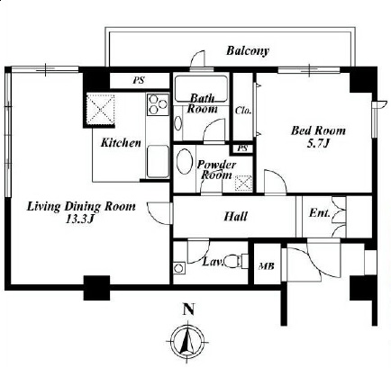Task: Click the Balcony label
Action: [x=247, y=50]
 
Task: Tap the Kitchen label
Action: [x=121, y=143]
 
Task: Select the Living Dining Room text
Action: [x=81, y=207]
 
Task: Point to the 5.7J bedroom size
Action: [x=318, y=144]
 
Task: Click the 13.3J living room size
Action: [x=80, y=220]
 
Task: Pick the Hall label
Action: [x=236, y=216]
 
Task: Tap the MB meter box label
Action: [x=267, y=266]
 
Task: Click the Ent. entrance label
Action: [x=320, y=213]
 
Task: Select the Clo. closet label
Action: [x=243, y=111]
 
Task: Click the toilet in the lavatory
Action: [x=235, y=261]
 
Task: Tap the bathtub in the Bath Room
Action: [x=201, y=88]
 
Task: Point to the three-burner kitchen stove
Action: [x=158, y=104]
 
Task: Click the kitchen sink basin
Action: [x=158, y=161]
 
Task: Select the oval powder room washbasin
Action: [x=185, y=162]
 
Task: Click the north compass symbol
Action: [x=187, y=341]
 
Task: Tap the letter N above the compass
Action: [x=188, y=310]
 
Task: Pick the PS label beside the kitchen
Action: [x=139, y=80]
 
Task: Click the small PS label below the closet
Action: [x=242, y=148]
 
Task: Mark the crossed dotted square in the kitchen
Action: [x=101, y=109]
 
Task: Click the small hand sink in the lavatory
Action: [x=179, y=267]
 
